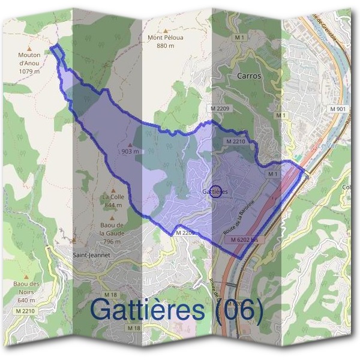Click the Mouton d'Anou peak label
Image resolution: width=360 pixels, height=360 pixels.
29,62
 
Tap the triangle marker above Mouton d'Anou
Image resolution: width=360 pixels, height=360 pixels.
29,46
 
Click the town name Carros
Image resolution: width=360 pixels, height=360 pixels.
249,76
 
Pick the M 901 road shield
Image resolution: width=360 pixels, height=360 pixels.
338,109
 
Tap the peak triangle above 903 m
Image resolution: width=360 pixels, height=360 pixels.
130,145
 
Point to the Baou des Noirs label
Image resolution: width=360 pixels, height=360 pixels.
26,292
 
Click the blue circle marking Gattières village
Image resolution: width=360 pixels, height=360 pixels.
217,191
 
